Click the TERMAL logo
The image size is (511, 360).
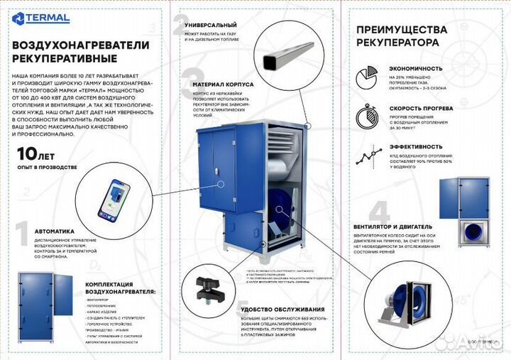pos(40,18)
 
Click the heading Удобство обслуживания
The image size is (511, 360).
pos(282,310)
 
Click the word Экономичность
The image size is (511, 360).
pos(416,69)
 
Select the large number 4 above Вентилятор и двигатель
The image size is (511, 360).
pos(379,212)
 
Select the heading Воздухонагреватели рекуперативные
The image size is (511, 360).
pos(80,50)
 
